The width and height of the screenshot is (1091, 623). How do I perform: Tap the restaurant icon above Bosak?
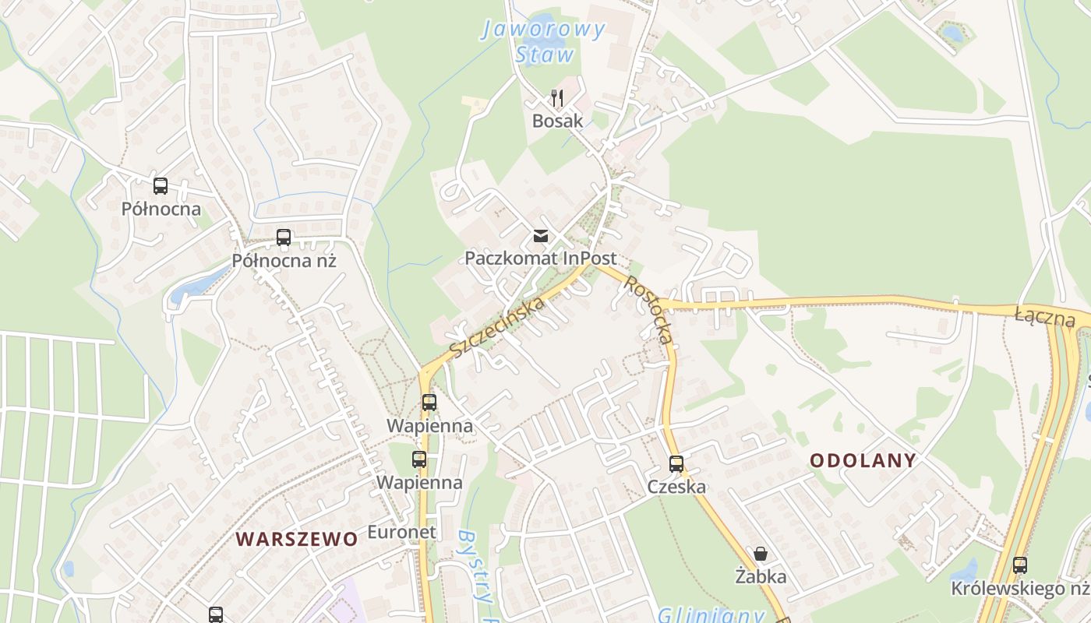click(557, 98)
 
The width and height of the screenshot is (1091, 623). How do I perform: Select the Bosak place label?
click(557, 121)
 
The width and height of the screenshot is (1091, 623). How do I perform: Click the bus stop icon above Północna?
click(161, 186)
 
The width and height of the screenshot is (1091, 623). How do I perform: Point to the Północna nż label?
click(284, 260)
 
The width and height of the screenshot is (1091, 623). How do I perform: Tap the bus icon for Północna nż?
click(284, 238)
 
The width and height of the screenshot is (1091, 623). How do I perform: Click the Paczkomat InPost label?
click(541, 258)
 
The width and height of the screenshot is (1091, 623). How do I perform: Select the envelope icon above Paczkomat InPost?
click(541, 236)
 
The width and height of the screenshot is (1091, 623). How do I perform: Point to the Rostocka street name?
click(647, 310)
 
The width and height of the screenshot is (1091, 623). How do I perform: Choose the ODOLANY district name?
click(863, 460)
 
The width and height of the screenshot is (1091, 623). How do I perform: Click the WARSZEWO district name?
click(297, 539)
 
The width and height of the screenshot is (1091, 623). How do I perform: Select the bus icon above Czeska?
click(676, 464)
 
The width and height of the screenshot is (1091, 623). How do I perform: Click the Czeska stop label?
click(676, 487)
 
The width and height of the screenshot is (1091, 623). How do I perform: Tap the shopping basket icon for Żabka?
click(761, 554)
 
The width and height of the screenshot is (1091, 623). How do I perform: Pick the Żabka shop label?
click(761, 576)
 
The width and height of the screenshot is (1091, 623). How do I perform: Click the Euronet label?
click(401, 532)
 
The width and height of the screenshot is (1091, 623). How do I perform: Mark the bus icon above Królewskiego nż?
click(1020, 565)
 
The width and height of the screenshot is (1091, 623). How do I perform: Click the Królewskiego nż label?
click(1019, 588)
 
